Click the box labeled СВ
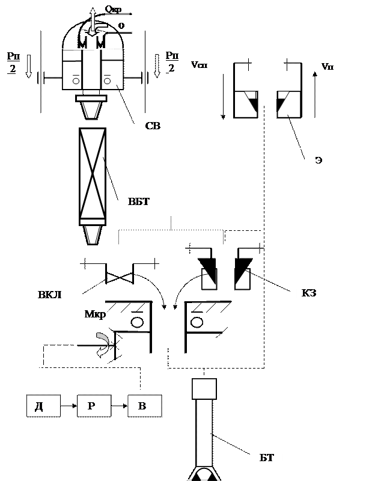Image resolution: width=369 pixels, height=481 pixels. click(159, 124)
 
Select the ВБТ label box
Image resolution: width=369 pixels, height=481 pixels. click(139, 201)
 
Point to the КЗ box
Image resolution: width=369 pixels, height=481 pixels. click(318, 296)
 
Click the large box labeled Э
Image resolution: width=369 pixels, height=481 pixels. click(338, 173)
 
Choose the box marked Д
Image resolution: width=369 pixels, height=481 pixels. click(43, 406)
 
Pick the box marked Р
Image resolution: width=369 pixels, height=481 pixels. click(94, 406)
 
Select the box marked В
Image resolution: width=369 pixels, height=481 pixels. click(145, 406)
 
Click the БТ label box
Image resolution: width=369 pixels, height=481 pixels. click(268, 459)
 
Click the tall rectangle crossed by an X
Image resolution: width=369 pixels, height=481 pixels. click(93, 174)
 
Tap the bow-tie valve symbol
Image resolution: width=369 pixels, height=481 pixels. click(120, 278)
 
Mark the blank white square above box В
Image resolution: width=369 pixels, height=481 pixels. click(204, 388)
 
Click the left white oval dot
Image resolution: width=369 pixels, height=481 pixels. click(137, 323)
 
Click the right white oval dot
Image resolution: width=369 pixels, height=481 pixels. click(197, 323)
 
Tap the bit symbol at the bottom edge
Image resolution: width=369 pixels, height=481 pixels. click(204, 474)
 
